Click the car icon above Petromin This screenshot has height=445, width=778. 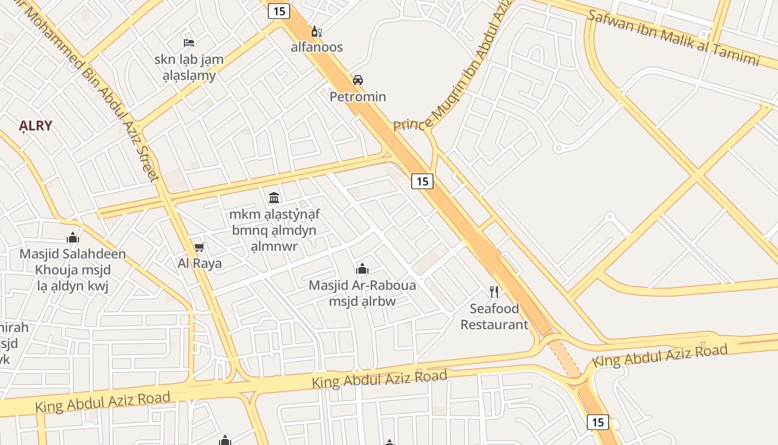(358, 80)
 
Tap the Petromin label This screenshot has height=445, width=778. (358, 97)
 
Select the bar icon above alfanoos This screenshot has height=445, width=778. (316, 31)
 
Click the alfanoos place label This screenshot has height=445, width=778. (317, 47)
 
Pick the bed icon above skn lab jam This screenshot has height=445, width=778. (189, 42)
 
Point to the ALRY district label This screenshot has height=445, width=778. (36, 126)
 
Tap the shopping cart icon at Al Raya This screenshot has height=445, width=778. (199, 247)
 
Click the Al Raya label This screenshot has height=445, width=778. (200, 263)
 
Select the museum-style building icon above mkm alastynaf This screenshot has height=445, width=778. (274, 197)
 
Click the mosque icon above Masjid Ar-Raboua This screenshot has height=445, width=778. (362, 269)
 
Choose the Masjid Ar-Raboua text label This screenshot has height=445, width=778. (362, 293)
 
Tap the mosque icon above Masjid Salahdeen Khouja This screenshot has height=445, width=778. (73, 238)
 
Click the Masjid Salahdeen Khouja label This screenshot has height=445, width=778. (73, 270)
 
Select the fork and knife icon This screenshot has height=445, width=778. (493, 291)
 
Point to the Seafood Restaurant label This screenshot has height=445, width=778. (494, 317)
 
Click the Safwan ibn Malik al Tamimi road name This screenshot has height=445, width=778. (673, 38)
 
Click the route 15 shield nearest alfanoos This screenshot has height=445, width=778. (279, 11)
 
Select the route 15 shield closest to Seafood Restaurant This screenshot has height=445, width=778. (422, 181)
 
